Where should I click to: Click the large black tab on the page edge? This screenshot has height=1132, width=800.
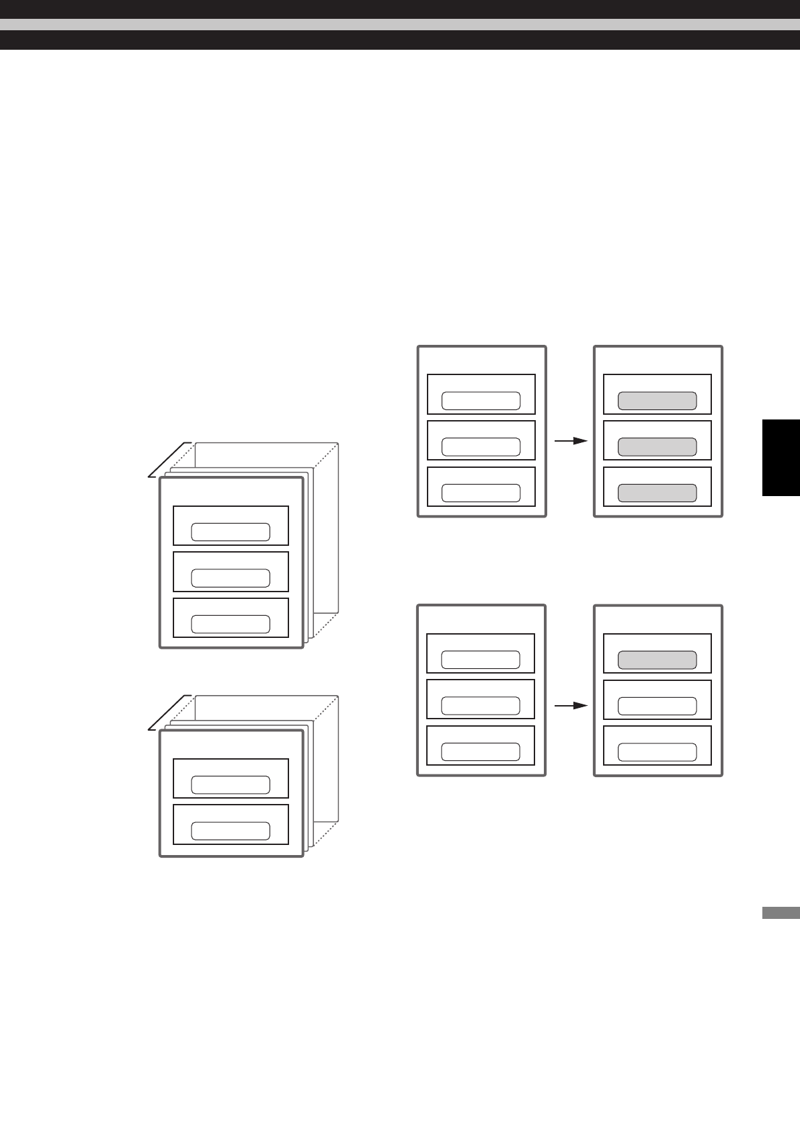click(x=781, y=458)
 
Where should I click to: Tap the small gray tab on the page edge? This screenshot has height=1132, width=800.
click(x=781, y=913)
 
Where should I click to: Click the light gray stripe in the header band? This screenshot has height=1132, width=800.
click(x=400, y=24)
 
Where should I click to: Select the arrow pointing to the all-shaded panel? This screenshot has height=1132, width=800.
click(x=571, y=441)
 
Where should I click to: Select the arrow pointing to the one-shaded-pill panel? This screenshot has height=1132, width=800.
click(x=571, y=706)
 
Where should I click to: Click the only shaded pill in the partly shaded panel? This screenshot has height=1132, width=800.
click(x=657, y=660)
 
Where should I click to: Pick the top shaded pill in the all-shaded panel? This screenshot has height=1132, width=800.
click(x=657, y=401)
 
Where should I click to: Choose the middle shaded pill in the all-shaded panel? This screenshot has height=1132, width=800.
click(x=657, y=447)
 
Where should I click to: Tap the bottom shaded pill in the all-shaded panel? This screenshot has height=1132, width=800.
click(x=657, y=493)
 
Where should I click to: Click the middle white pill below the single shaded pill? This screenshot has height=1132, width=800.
click(x=657, y=706)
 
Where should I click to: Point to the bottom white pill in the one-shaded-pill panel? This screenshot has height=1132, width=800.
click(x=657, y=752)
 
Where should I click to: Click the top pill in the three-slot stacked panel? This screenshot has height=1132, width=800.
click(x=231, y=532)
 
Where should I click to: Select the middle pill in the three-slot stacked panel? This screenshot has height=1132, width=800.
click(x=231, y=577)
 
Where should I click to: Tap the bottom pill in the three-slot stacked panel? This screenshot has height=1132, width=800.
click(x=231, y=624)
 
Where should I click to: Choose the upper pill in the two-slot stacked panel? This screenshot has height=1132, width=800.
click(x=231, y=784)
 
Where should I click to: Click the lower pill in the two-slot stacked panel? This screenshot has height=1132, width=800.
click(x=231, y=830)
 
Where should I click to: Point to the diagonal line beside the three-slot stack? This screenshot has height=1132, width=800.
click(x=167, y=460)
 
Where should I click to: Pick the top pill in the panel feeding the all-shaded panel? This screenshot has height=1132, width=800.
click(x=481, y=401)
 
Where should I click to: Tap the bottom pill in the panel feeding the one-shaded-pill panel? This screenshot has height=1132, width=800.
click(x=481, y=752)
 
